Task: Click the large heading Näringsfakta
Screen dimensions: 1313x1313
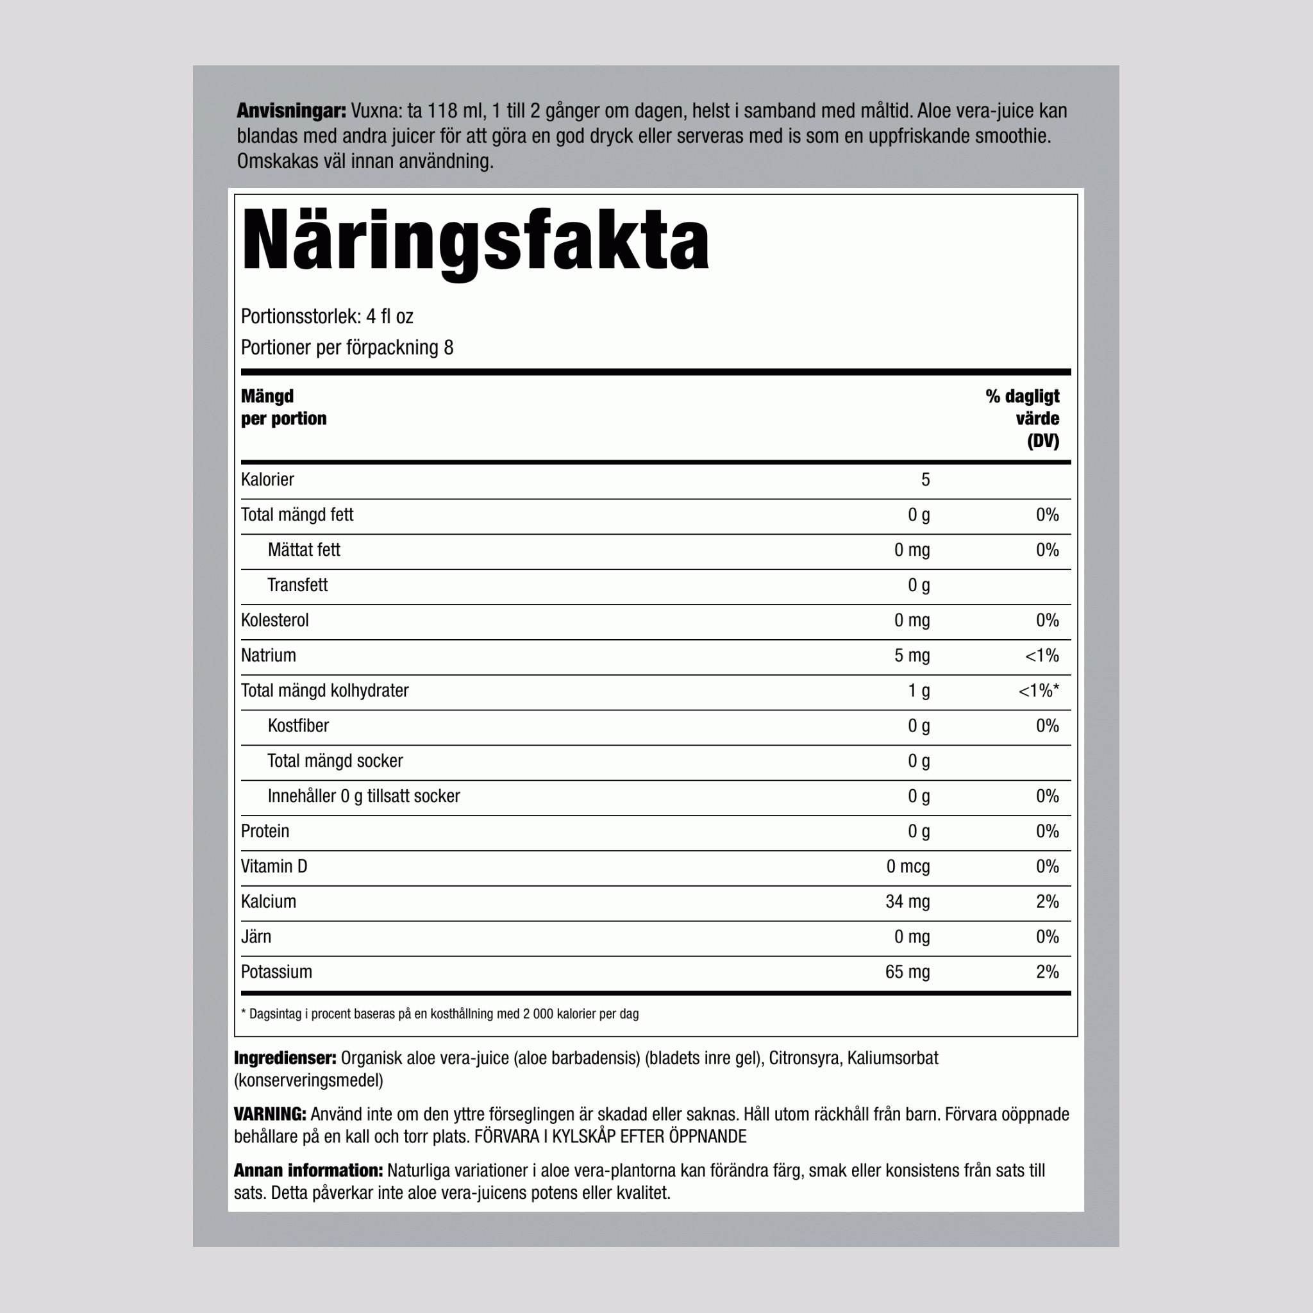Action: point(475,241)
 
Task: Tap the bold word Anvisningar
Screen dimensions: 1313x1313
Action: point(291,111)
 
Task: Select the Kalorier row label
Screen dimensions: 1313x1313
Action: point(267,480)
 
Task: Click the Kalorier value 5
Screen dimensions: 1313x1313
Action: point(925,480)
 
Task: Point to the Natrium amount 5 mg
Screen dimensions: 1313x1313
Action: point(912,656)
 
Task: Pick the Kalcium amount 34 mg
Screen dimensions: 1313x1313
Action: point(907,902)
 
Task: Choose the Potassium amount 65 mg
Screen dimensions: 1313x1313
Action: point(907,973)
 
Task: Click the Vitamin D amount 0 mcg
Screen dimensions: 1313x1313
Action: point(908,867)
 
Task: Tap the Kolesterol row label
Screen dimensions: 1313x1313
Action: point(274,621)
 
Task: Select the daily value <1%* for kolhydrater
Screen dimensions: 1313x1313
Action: point(1039,691)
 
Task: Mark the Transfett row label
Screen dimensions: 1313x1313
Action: point(297,585)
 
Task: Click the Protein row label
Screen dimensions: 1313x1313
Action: point(265,831)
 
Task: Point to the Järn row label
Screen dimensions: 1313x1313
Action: point(256,937)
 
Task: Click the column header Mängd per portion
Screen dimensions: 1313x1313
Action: point(283,407)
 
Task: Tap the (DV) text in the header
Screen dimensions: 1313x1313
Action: point(1042,441)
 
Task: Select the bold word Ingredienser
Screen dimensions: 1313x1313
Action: point(285,1058)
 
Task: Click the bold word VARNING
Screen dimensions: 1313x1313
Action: point(270,1114)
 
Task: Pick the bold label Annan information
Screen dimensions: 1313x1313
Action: point(308,1171)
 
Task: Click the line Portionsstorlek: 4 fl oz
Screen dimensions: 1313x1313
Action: point(327,317)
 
